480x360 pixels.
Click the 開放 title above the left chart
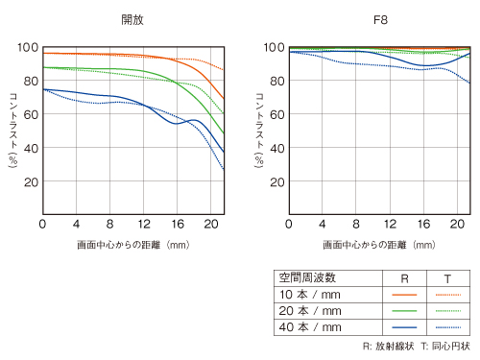tap(132, 18)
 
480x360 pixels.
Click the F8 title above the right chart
tap(378, 18)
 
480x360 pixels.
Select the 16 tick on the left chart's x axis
tap(176, 224)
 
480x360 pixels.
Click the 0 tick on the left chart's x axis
tap(43, 224)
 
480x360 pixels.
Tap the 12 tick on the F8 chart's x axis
tap(389, 224)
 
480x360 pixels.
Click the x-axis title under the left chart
tap(133, 245)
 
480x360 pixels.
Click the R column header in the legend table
tap(405, 277)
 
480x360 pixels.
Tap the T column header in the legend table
tap(446, 277)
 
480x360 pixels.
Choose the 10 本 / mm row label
tap(310, 294)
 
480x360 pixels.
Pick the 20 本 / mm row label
tap(310, 310)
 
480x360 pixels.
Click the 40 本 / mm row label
tap(310, 326)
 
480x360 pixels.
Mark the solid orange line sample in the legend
tap(405, 294)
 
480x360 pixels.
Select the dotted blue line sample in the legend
tap(446, 326)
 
